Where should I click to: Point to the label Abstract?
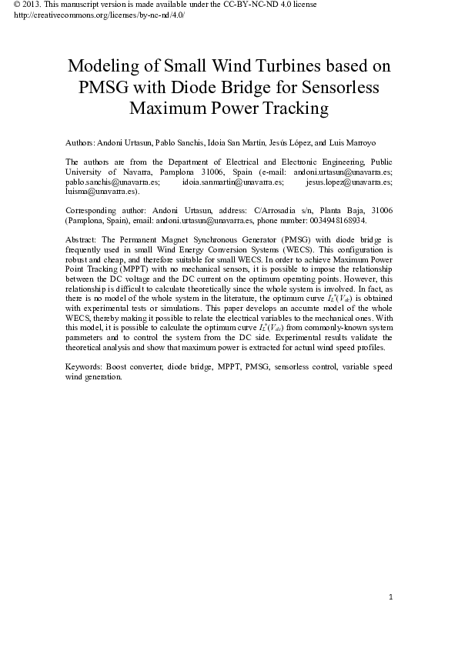[x=82, y=239]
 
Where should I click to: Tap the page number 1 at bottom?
[x=391, y=598]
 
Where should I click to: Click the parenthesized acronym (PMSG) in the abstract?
[x=296, y=239]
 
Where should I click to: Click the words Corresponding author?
[x=102, y=210]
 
